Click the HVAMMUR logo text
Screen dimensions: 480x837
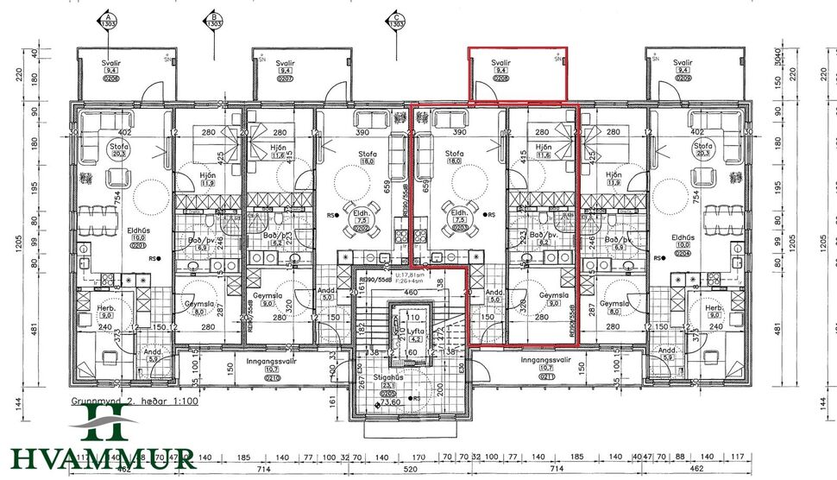[104, 458]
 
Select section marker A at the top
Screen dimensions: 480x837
[108, 21]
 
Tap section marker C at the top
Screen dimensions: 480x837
[396, 21]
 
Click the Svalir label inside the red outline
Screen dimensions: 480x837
[501, 70]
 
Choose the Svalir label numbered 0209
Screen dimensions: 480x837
[683, 70]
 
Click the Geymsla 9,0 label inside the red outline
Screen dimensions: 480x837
[549, 299]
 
